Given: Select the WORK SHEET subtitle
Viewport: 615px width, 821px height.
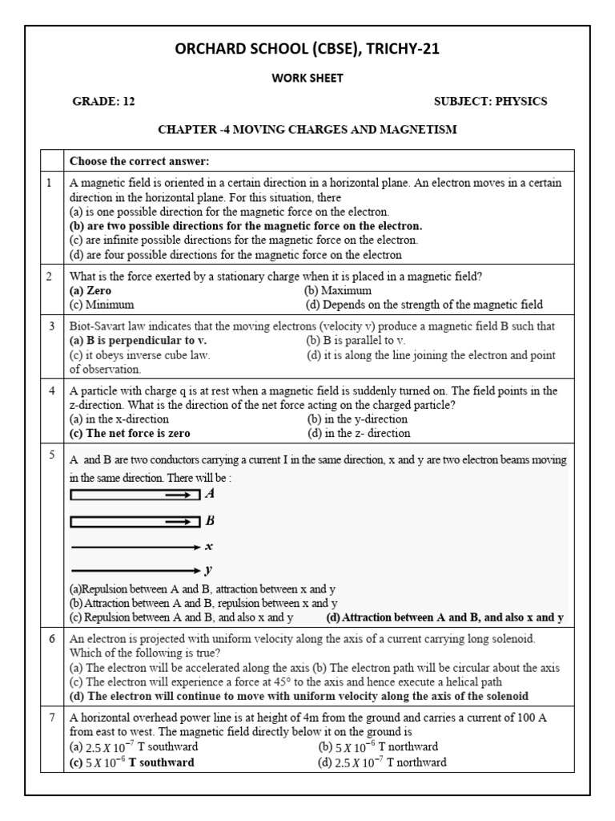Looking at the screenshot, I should point(307,79).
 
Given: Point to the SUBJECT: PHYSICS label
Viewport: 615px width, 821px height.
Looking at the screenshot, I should point(490,102).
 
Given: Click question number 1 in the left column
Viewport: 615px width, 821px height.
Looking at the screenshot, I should point(50,183).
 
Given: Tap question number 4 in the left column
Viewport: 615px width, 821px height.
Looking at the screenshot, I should point(50,390).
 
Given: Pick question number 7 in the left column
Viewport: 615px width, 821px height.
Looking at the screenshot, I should point(50,718).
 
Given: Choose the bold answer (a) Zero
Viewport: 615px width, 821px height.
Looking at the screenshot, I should point(90,291).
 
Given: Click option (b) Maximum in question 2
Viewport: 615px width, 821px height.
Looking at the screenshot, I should point(339,291).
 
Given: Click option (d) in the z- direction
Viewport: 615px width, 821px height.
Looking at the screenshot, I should point(359,433).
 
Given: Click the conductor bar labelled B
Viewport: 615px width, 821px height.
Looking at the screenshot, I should point(135,522).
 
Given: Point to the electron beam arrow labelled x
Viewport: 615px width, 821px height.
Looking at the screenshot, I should point(135,547).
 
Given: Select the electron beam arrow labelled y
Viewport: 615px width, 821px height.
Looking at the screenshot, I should point(135,571).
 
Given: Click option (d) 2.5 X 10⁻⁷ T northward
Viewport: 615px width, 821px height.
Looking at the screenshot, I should point(382,762).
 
